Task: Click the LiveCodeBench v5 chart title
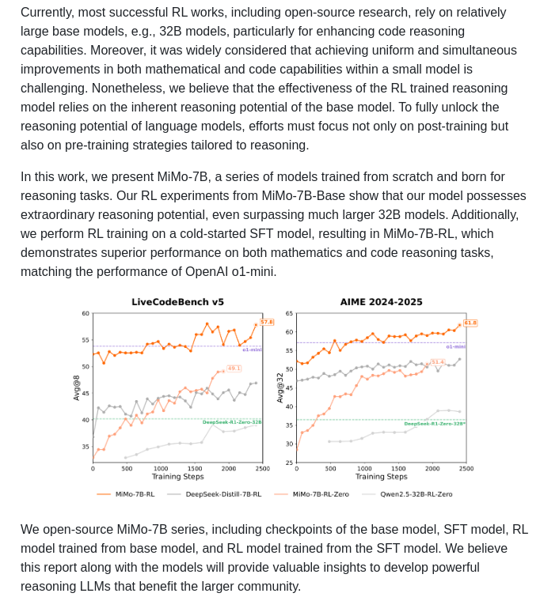177,302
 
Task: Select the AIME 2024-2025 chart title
381,302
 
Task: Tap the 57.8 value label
267,322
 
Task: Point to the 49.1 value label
234,368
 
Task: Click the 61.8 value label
470,323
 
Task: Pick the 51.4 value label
438,362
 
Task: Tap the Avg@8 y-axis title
77,387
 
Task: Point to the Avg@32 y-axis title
280,387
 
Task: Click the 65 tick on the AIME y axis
289,314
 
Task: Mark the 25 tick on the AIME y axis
289,463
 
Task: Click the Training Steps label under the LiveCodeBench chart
177,477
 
